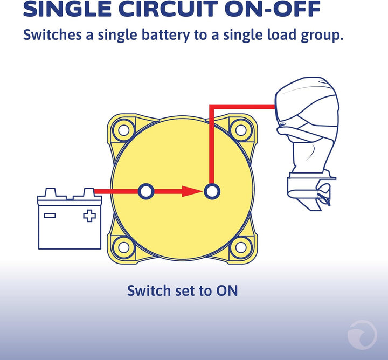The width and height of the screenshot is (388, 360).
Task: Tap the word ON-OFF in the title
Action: [x=273, y=9]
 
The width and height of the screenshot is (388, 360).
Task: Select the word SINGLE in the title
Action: [x=67, y=9]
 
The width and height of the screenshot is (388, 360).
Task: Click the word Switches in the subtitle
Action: [x=52, y=34]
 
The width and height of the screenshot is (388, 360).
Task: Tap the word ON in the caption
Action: [x=227, y=290]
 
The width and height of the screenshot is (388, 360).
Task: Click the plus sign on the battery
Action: [x=89, y=216]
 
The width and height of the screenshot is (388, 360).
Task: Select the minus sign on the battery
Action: [x=50, y=216]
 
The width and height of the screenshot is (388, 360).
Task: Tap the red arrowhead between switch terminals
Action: [x=192, y=191]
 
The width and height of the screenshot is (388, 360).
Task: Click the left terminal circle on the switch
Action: [x=146, y=191]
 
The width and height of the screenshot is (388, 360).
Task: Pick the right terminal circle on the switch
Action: [x=212, y=191]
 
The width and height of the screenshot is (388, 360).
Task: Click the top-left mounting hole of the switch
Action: [x=124, y=130]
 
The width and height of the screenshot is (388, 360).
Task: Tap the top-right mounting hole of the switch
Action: [x=241, y=130]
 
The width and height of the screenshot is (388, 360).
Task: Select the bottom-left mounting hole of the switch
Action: [x=124, y=247]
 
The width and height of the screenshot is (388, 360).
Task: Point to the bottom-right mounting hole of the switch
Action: [x=241, y=247]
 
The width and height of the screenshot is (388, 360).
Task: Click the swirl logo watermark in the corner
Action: [x=362, y=334]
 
